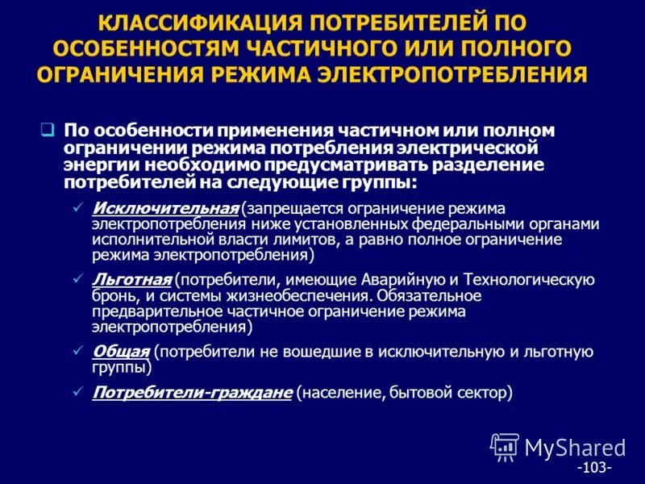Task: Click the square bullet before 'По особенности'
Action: [x=48, y=129]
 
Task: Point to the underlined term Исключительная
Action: [x=166, y=208]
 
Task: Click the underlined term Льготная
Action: [x=132, y=279]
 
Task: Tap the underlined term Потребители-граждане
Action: [x=192, y=393]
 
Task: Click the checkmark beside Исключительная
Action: [x=78, y=208]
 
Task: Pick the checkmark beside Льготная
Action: [x=78, y=279]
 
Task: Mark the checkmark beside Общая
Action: [x=78, y=351]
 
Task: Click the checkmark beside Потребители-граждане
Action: [x=78, y=393]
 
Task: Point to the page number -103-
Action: [x=594, y=467]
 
